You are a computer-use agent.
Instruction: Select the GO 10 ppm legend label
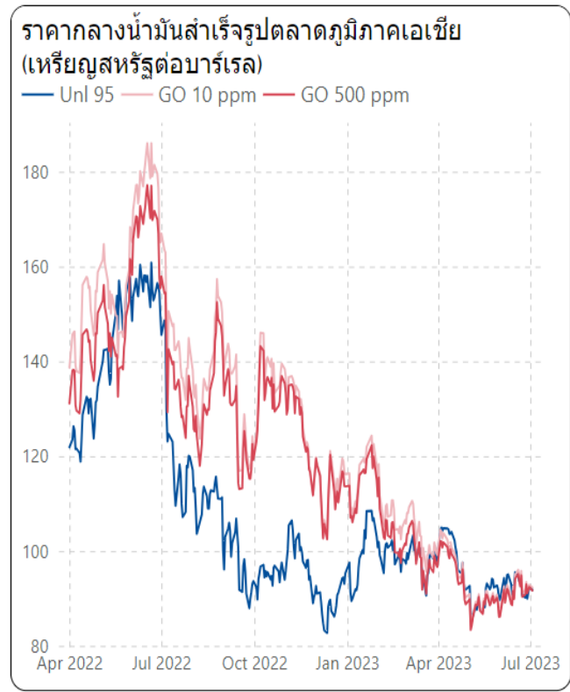[x=207, y=95]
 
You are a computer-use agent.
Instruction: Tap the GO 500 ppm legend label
[x=354, y=95]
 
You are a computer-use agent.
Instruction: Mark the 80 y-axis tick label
[x=39, y=646]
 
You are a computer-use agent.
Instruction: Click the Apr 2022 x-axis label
[x=70, y=664]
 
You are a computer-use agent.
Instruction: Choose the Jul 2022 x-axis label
[x=161, y=664]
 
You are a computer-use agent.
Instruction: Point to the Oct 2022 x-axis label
[x=254, y=664]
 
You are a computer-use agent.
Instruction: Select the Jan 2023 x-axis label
[x=347, y=664]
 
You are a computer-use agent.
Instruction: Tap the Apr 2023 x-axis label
[x=438, y=664]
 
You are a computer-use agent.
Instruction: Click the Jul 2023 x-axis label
[x=530, y=664]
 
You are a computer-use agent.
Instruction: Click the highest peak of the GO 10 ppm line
[x=149, y=143]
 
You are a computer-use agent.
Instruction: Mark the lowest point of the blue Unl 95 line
[x=326, y=632]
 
